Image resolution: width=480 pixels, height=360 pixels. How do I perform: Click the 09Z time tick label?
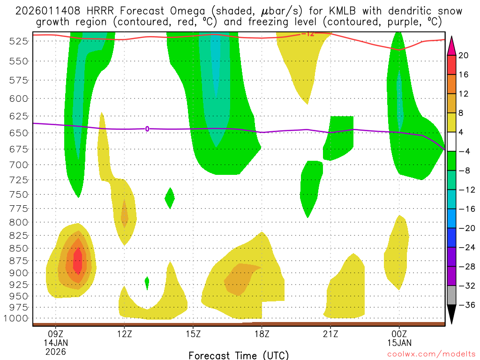coord(56,334)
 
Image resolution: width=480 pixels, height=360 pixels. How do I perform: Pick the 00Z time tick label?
coord(399,334)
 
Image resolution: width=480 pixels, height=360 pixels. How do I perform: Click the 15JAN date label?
coord(399,342)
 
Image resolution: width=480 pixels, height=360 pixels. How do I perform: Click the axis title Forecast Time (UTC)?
coord(239,355)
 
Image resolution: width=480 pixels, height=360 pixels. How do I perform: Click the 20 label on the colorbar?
coord(464,55)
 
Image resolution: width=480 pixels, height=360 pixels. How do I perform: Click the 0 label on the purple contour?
coord(147,128)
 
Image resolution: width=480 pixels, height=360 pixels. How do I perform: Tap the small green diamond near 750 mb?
coord(170,198)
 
